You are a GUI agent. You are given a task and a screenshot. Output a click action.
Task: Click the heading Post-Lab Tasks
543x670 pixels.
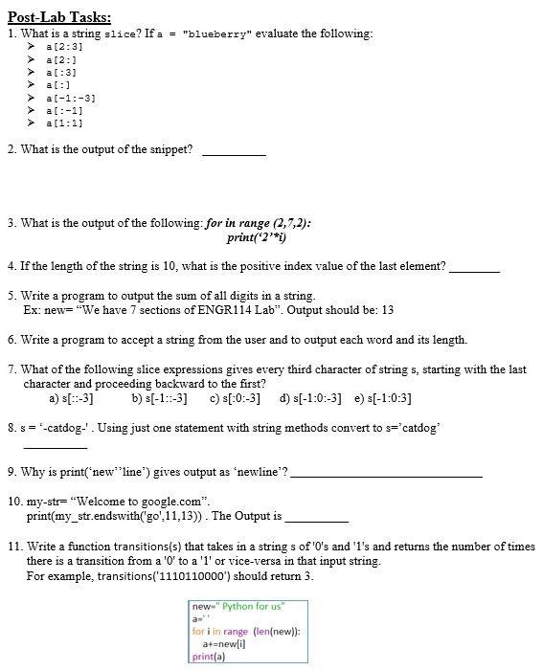[58, 16]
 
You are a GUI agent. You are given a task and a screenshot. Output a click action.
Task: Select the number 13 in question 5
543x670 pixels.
[386, 310]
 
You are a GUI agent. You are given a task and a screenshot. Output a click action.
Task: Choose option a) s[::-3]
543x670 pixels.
[71, 398]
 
